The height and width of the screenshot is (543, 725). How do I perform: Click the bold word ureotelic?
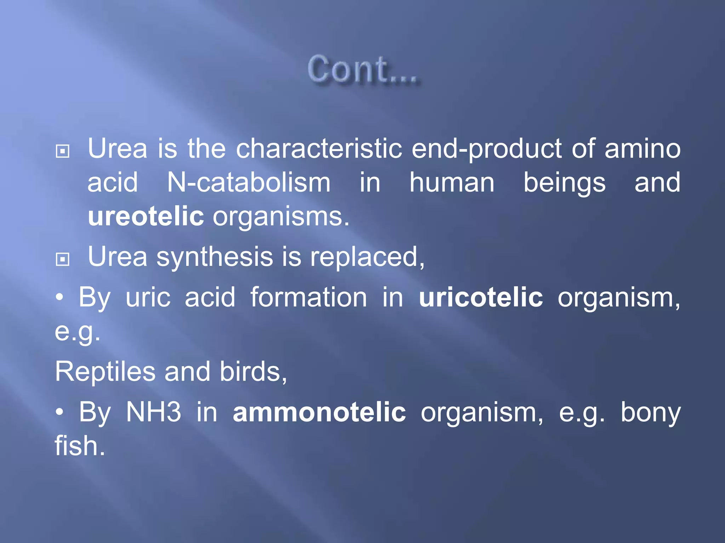[x=145, y=216]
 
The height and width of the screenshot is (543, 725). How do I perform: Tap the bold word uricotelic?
[x=481, y=297]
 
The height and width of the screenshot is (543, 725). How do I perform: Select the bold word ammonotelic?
[x=319, y=412]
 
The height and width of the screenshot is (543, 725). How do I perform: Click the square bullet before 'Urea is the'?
[x=63, y=151]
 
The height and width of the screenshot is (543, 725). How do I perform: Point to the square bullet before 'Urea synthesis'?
[x=63, y=259]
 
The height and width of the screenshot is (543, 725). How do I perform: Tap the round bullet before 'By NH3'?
[x=60, y=412]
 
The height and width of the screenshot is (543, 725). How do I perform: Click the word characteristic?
[x=319, y=148]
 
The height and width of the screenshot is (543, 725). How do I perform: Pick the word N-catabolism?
[x=249, y=183]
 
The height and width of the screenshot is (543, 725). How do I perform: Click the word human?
[x=452, y=183]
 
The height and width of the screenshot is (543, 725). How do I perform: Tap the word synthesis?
[x=215, y=257]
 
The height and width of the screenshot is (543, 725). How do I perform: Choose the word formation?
[x=309, y=297]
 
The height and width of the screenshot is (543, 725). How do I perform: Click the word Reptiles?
[x=105, y=372]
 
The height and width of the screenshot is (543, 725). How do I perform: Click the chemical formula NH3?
[x=154, y=412]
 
